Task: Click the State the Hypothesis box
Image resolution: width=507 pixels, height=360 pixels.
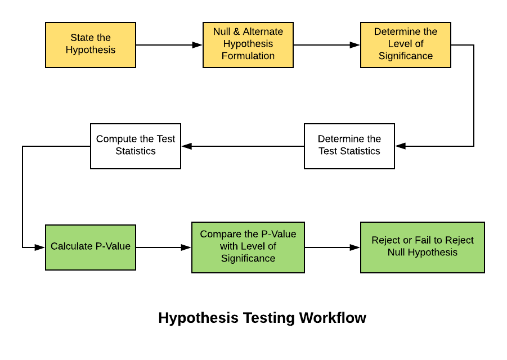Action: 91,45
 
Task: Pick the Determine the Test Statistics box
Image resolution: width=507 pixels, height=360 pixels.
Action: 349,146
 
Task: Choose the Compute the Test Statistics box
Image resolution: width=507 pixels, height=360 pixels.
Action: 136,146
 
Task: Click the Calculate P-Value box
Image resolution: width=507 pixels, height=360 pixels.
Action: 91,247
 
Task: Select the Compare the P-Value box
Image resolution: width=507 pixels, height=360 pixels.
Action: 248,247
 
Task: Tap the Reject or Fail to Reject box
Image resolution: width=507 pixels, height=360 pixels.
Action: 423,247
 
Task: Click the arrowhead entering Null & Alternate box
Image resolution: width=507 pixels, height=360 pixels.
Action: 198,45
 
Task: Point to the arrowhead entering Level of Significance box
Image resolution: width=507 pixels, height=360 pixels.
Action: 355,45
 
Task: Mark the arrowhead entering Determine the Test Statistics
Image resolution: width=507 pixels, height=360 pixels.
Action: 400,146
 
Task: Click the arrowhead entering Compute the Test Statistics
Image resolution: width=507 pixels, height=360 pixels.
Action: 187,146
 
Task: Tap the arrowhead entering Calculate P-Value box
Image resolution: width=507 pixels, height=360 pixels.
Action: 40,247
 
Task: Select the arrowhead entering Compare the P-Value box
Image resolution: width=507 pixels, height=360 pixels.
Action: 186,247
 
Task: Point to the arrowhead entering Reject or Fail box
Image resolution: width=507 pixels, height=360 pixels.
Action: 355,247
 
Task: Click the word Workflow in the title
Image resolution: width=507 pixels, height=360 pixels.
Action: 333,318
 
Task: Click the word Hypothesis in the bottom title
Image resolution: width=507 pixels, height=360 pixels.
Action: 199,318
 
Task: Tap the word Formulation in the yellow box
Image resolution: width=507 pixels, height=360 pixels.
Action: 248,56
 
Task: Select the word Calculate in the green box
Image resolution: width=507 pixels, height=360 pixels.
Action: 71,246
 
